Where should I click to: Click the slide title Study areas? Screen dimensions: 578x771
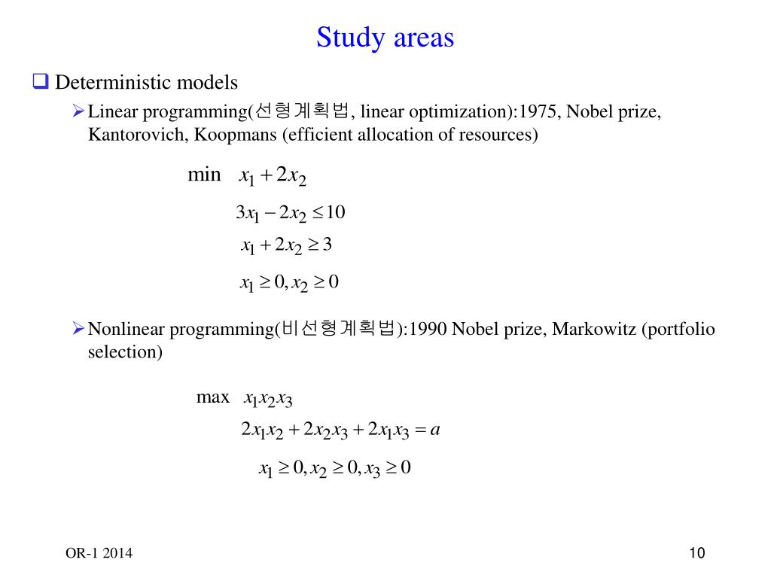385,37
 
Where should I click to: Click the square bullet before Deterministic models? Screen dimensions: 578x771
40,81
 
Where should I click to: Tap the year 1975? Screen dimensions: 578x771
539,112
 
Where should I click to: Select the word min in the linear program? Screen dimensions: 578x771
204,175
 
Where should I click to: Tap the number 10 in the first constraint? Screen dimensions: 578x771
336,213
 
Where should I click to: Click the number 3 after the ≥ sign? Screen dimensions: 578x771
328,245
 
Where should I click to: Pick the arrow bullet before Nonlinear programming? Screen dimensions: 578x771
78,328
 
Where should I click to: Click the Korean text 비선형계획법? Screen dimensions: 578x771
338,329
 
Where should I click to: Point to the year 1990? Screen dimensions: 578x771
430,329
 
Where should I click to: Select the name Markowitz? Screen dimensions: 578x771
594,329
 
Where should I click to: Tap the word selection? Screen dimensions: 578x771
125,351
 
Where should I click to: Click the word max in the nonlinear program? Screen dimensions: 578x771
212,397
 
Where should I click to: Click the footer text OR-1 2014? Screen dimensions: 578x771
99,553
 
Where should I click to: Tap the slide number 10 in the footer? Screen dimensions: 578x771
696,553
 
